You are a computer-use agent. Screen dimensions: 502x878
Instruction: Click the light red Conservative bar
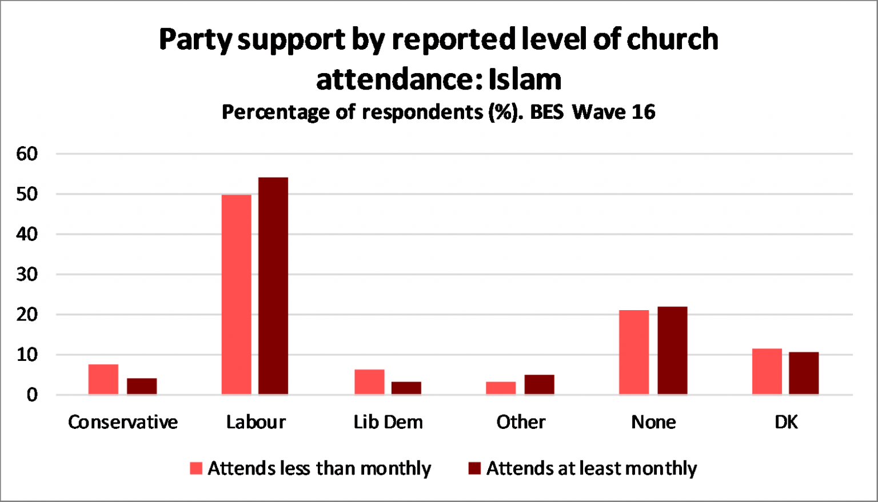click(103, 379)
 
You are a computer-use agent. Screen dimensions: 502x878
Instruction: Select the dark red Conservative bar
click(142, 386)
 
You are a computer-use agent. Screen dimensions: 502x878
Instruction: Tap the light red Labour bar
click(236, 295)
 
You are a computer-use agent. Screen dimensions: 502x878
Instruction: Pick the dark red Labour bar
click(273, 286)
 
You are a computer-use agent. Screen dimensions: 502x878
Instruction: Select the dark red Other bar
click(539, 384)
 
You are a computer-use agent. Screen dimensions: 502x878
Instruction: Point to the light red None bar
click(634, 352)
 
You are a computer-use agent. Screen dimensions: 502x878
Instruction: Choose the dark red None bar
click(672, 350)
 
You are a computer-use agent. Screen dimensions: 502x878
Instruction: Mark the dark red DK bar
click(804, 373)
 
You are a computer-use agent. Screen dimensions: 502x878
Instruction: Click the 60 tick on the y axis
click(27, 154)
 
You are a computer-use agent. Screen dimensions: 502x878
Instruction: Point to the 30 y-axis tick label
click(27, 274)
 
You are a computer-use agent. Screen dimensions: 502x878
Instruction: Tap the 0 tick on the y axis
click(32, 395)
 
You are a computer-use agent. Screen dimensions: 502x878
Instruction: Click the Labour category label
click(256, 422)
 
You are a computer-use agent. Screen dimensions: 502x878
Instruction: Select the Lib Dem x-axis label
click(388, 422)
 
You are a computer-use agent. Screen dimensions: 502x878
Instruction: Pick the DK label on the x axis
click(786, 422)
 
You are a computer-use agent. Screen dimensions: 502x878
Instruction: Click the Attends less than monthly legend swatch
click(196, 468)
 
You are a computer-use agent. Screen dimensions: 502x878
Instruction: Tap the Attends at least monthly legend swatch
click(474, 468)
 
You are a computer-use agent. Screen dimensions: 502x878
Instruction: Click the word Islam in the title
click(525, 79)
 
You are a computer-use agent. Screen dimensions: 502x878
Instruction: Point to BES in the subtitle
click(548, 112)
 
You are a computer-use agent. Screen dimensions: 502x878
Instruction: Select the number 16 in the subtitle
click(643, 112)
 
